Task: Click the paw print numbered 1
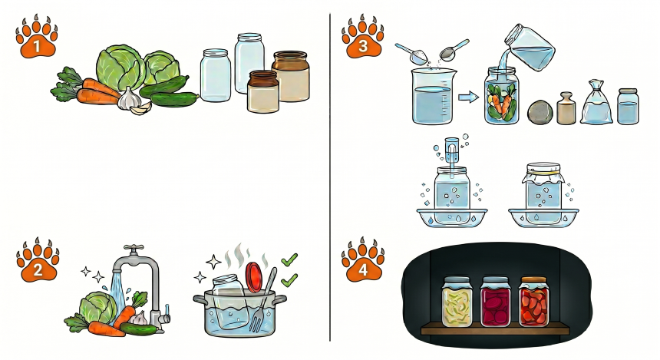(37, 37)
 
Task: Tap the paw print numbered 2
(38, 259)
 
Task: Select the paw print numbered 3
(362, 37)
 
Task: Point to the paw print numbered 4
(363, 259)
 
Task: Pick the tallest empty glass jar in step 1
(249, 63)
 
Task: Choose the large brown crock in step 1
(291, 76)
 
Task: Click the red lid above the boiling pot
(254, 277)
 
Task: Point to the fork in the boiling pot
(262, 301)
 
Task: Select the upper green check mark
(289, 259)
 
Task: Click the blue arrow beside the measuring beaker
(468, 97)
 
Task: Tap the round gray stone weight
(540, 112)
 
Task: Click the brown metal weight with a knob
(566, 108)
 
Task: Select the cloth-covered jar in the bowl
(543, 187)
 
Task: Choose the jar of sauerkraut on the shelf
(457, 302)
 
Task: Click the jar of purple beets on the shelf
(496, 302)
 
